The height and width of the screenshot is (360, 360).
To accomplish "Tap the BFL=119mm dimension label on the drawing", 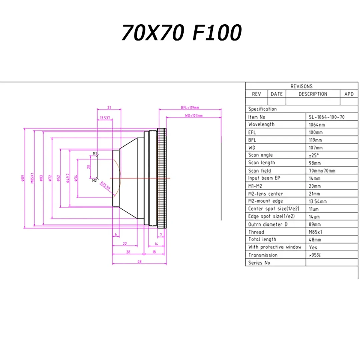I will point(190,107).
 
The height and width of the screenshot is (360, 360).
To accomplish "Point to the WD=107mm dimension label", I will point(193,116).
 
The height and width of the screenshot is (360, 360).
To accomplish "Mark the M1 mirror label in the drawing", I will point(95,153).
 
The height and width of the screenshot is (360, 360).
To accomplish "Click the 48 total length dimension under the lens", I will point(140,261).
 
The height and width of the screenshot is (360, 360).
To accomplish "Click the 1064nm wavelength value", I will point(317,125).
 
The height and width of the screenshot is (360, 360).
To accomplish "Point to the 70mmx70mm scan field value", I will point(322,171).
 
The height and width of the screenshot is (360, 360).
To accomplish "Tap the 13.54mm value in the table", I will point(318,201).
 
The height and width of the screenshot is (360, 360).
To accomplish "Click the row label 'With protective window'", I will point(275,247).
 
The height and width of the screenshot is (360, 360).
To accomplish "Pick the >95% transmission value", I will point(315,255).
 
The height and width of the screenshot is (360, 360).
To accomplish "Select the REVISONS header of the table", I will point(301,86).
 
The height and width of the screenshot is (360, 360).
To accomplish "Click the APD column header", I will point(349,94).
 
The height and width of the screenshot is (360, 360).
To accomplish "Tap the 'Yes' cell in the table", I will point(313,247).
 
